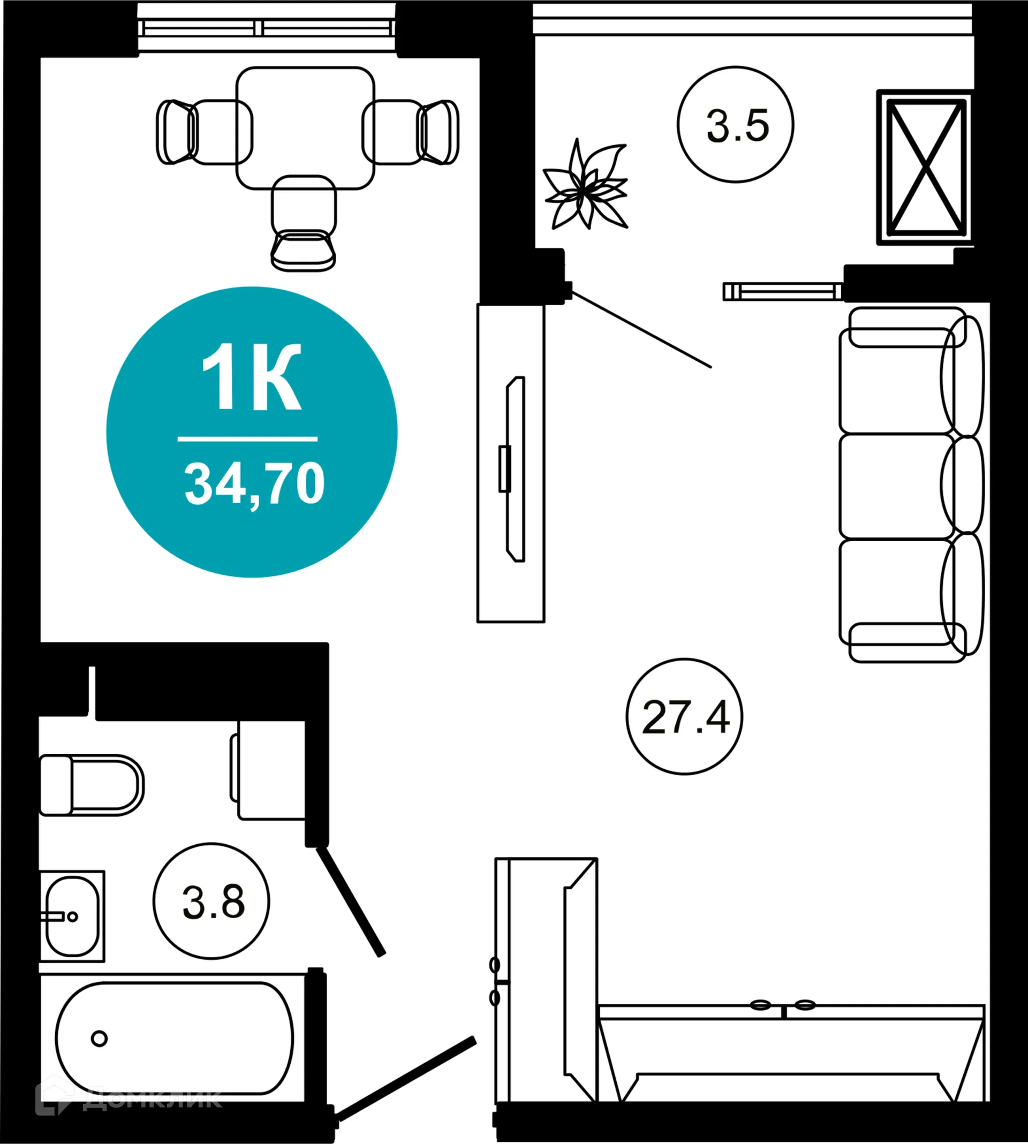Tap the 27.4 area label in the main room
point(685,717)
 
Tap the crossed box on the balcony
point(926,166)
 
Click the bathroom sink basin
point(72,916)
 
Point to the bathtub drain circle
point(100,1039)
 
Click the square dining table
point(305,127)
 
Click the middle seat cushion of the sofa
point(896,486)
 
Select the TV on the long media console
point(515,468)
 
